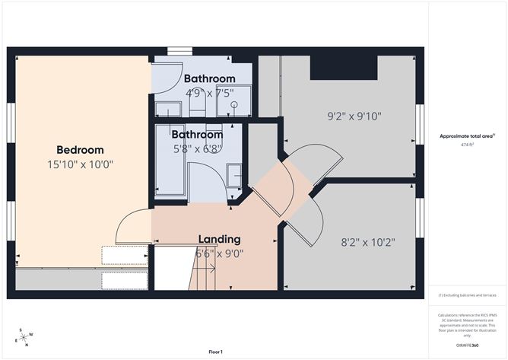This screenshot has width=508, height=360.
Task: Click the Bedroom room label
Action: pyautogui.click(x=80, y=150)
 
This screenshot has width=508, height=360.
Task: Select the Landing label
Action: pyautogui.click(x=219, y=239)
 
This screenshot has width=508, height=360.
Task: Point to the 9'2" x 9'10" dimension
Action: pyautogui.click(x=354, y=116)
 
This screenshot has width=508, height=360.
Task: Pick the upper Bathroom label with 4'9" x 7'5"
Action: pyautogui.click(x=209, y=78)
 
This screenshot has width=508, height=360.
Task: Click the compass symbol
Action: pyautogui.click(x=25, y=337)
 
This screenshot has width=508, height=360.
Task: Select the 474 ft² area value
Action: pyautogui.click(x=467, y=145)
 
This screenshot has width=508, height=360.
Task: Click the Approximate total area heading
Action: pyautogui.click(x=467, y=135)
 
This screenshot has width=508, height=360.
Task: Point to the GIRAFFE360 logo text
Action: pyautogui.click(x=467, y=345)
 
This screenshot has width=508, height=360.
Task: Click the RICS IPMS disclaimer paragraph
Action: pyautogui.click(x=467, y=323)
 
